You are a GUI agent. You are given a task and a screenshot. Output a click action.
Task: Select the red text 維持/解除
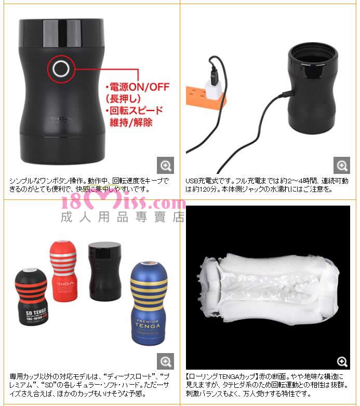[131, 122]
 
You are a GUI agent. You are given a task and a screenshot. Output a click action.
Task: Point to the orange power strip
[205, 99]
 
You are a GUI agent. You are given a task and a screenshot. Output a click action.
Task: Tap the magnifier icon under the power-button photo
[166, 165]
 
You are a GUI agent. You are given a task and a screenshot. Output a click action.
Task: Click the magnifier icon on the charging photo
[342, 165]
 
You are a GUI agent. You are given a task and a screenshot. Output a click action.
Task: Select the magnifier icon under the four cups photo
[166, 361]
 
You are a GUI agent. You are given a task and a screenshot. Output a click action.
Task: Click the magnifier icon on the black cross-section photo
[342, 361]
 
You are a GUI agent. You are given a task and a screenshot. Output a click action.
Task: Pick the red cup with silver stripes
[63, 272]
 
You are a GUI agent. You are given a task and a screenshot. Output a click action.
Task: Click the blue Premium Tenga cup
[149, 303]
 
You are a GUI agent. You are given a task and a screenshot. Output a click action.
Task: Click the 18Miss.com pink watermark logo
[123, 203]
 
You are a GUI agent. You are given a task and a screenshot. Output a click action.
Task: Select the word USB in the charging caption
[191, 181]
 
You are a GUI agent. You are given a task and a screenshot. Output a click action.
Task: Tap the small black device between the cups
[104, 272]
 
